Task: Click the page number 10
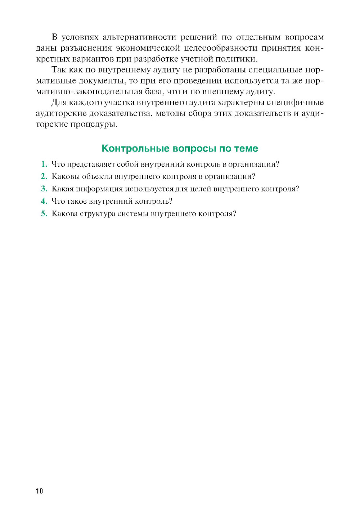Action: [x=39, y=491]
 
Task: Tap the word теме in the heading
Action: [x=246, y=148]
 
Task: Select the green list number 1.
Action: [x=44, y=164]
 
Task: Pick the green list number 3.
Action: [x=44, y=189]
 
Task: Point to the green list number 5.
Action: [x=44, y=213]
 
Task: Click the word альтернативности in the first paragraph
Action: [x=139, y=37]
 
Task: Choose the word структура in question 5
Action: [x=97, y=213]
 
